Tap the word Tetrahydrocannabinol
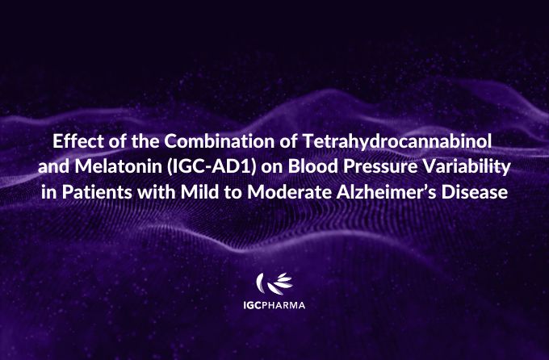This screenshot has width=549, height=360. click(397, 142)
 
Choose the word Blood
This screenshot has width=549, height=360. click(313, 167)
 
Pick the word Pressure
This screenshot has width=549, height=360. click(380, 167)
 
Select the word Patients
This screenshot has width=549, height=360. click(98, 192)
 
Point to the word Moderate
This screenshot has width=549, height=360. click(289, 192)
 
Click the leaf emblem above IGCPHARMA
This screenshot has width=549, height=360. click(274, 283)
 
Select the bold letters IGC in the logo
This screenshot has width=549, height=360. click(252, 305)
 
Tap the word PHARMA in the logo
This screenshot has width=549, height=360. click(283, 305)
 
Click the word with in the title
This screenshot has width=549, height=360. click(156, 192)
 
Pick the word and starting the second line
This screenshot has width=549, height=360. click(53, 167)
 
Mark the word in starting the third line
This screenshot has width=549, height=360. click(48, 192)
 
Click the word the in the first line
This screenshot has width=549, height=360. click(145, 141)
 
